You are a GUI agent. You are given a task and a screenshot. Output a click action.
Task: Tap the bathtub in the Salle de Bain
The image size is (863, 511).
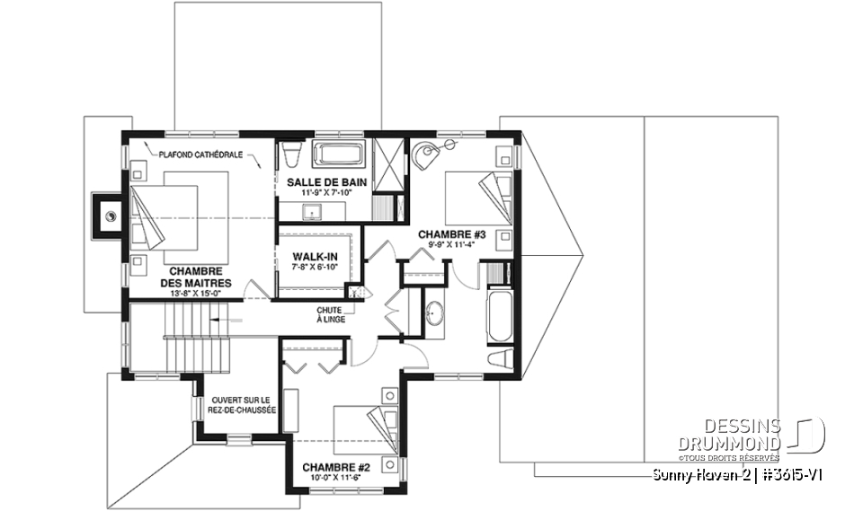pyautogui.click(x=339, y=154)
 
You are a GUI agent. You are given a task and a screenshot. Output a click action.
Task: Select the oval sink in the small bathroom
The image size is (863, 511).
pyautogui.click(x=434, y=313)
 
